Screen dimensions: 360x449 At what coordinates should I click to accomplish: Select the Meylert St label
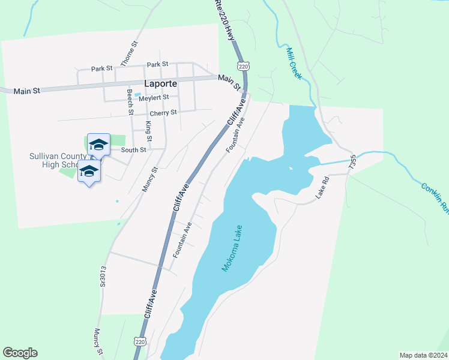154,97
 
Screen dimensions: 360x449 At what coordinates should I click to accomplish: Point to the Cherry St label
163,112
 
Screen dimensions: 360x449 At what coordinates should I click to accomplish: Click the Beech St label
130,102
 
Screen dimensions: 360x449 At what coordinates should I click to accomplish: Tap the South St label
133,150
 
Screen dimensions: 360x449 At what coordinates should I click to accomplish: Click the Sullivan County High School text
54,161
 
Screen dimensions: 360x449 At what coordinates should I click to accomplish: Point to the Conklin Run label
435,199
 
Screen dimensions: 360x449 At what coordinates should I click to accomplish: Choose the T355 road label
354,164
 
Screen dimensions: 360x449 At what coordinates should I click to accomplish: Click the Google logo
20,353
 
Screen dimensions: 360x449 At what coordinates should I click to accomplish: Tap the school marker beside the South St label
98,144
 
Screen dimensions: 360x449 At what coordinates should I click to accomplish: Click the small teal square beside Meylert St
137,95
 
